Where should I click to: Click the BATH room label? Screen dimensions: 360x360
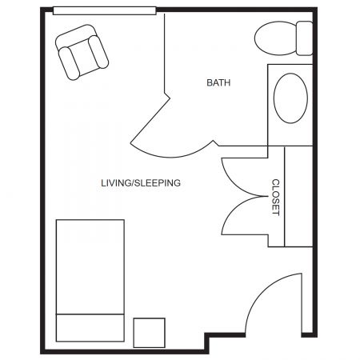218,82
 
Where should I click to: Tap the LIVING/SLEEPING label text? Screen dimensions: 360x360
141,183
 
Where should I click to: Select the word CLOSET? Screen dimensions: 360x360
275,197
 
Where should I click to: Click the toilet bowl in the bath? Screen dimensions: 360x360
275,38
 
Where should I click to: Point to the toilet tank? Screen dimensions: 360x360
305,38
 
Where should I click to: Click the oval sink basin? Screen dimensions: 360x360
290,98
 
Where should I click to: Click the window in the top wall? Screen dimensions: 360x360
105,10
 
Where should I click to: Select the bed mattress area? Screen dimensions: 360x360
90,266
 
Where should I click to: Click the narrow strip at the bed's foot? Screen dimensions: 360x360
90,328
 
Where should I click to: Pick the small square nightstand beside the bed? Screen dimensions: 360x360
149,333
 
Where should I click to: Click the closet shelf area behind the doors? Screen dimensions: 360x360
298,197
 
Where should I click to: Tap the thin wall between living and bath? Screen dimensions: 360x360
165,54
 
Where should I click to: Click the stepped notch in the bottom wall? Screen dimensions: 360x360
207,342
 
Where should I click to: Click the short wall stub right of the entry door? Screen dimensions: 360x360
307,335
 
